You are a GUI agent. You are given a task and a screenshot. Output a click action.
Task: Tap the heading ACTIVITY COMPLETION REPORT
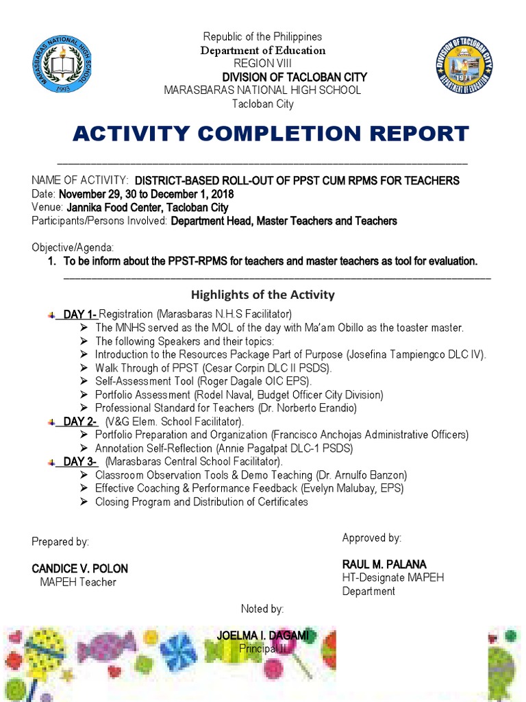271,133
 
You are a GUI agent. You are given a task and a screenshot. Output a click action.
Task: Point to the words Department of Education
262,50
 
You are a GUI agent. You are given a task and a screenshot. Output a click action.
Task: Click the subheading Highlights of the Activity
262,295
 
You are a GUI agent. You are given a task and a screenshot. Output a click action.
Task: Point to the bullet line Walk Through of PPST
213,368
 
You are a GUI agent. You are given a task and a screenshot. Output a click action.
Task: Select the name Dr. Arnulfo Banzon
361,475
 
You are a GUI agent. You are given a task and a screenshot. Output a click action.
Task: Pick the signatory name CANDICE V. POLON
79,569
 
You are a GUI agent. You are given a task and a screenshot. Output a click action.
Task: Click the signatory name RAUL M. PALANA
384,564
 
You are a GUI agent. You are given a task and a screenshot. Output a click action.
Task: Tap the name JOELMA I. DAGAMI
262,636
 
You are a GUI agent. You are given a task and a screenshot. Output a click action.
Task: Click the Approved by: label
372,538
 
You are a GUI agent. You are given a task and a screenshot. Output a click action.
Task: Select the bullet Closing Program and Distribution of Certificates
201,502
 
